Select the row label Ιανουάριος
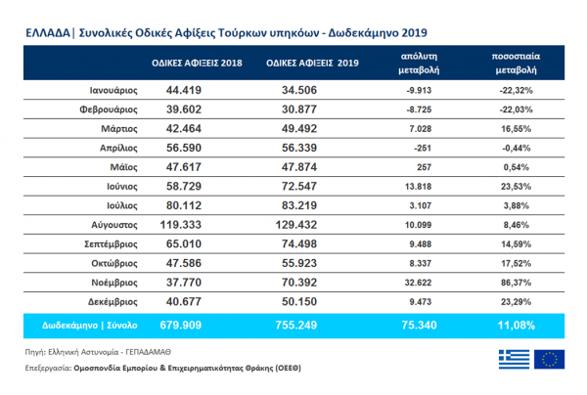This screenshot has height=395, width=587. click(107, 90)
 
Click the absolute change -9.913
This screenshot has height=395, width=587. click(420, 90)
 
